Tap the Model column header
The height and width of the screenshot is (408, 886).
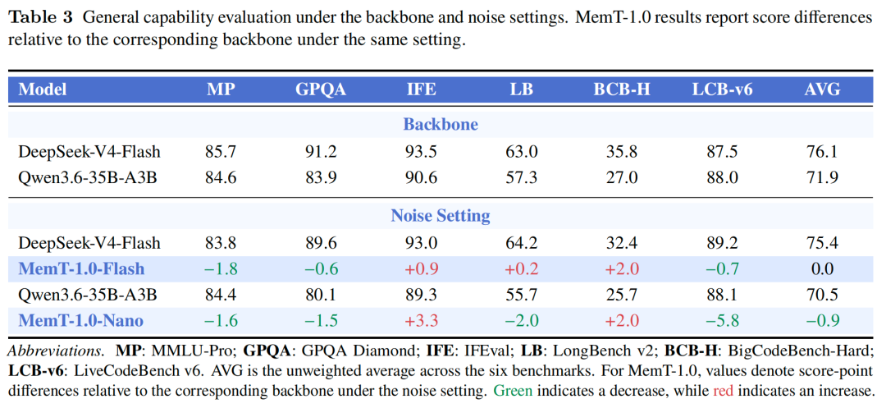[43, 89]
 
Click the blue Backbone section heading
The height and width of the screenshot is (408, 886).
[441, 124]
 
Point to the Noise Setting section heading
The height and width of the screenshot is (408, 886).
[441, 215]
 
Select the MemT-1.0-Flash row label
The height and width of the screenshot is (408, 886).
[81, 269]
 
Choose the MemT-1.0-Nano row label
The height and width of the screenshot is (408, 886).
[80, 321]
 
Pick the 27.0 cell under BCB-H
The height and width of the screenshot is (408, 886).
[622, 177]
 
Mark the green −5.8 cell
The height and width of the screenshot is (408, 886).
[722, 321]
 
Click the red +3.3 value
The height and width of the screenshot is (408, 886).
[418, 321]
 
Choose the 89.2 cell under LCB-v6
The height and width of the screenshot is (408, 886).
[723, 243]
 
